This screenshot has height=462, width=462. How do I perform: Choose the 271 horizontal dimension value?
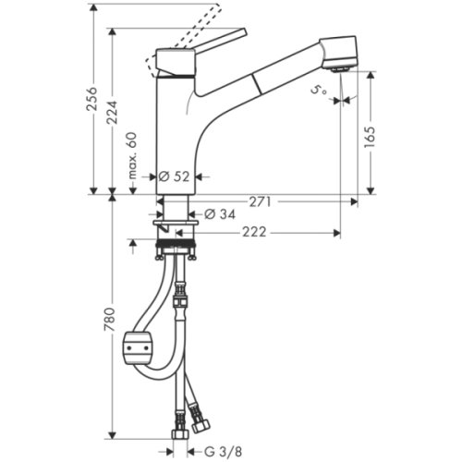(x=261, y=200)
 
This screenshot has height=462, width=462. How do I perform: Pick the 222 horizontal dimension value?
(x=254, y=232)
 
